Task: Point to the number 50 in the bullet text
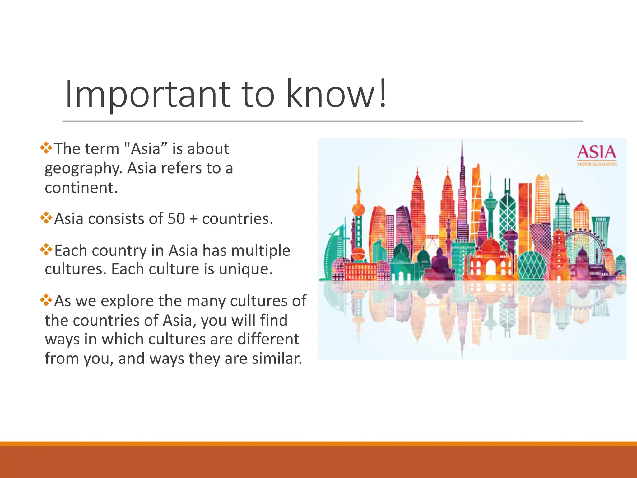[x=176, y=218]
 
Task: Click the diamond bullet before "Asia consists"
[x=46, y=218]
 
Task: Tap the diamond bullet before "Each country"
[x=46, y=249]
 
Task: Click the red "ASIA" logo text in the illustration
[x=596, y=152]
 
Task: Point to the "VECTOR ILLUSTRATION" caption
[x=597, y=164]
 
